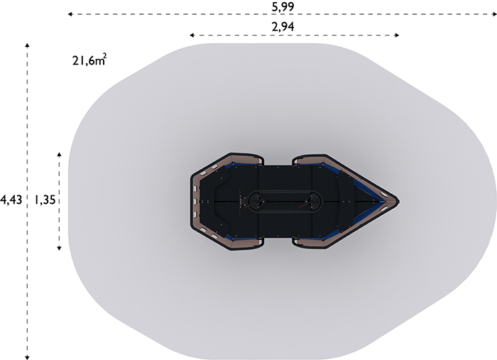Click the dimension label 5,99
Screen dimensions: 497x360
point(283,6)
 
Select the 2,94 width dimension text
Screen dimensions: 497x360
point(283,26)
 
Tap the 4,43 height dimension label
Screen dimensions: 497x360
point(11,200)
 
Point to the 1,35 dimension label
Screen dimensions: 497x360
point(45,200)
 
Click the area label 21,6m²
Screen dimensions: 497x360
point(89,60)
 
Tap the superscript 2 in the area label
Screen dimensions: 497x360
point(104,56)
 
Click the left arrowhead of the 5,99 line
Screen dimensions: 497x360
point(70,14)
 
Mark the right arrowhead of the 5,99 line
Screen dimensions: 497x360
point(494,14)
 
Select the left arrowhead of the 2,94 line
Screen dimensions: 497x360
point(192,36)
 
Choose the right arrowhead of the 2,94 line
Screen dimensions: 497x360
point(397,36)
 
